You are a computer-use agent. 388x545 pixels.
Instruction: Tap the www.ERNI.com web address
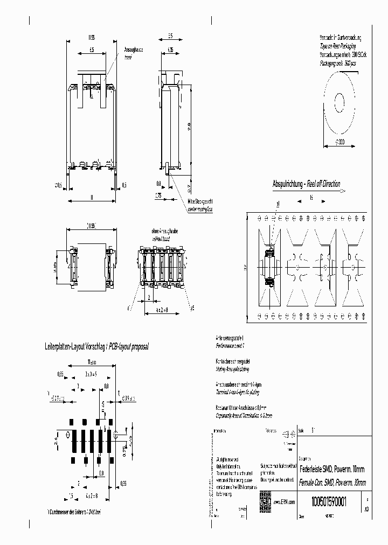[283, 501]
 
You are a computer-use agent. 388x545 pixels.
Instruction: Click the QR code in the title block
[264, 498]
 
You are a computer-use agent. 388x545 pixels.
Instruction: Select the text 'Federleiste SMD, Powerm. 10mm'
[331, 469]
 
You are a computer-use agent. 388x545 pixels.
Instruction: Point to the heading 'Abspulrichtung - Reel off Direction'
[306, 184]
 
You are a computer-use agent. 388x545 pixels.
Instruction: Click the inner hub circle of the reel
[340, 101]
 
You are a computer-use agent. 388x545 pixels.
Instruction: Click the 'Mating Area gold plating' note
[232, 370]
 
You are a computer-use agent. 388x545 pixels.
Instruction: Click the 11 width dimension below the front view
[92, 197]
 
